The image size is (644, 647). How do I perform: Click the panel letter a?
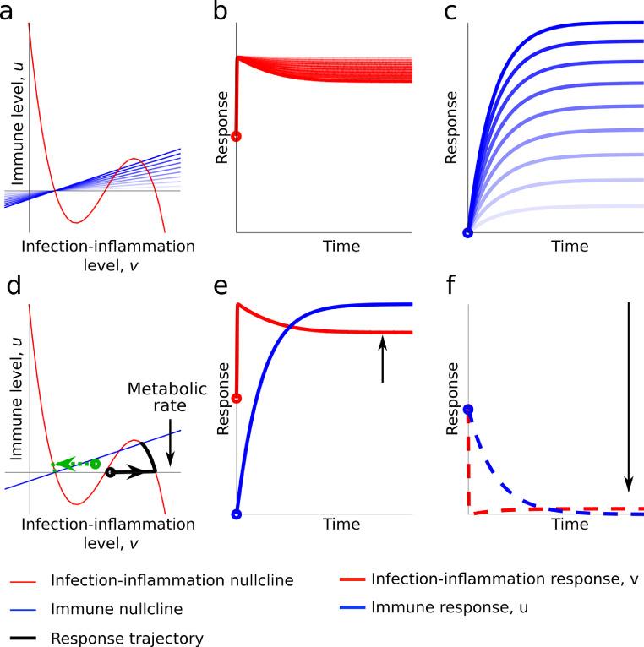[10, 12]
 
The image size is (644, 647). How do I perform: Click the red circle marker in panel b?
[237, 136]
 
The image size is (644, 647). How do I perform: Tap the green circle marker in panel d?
[96, 464]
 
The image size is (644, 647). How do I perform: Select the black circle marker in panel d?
[110, 473]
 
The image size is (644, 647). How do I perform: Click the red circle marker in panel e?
[237, 398]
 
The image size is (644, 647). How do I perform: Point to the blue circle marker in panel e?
[237, 513]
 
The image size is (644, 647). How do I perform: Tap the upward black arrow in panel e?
[382, 359]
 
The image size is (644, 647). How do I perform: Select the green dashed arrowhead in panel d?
[60, 464]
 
